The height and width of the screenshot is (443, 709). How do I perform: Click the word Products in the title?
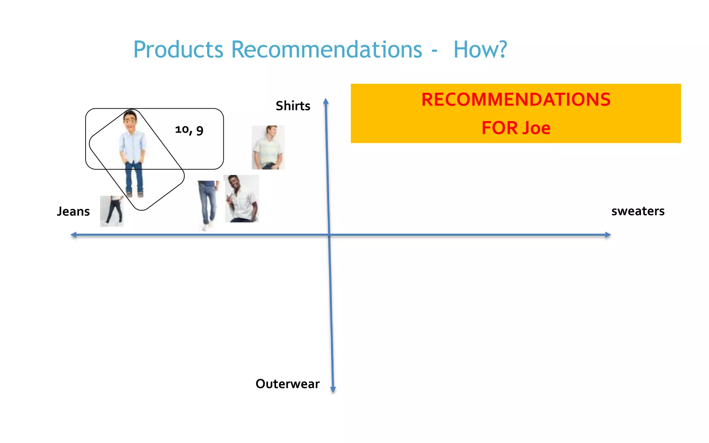[x=178, y=49]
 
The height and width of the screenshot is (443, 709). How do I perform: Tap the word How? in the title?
[x=480, y=49]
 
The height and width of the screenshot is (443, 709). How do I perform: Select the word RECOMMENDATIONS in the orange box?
[x=516, y=100]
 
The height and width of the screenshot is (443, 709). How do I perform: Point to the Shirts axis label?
[x=293, y=106]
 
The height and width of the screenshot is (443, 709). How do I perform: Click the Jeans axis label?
[x=73, y=211]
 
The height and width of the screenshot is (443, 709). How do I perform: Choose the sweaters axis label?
[x=638, y=211]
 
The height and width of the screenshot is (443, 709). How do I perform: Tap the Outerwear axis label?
[x=287, y=384]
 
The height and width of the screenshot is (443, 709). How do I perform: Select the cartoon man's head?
[x=130, y=120]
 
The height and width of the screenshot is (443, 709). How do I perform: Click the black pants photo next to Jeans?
[x=112, y=211]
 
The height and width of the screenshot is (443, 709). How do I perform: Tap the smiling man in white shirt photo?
[x=242, y=199]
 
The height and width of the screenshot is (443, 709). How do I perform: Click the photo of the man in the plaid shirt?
[x=268, y=147]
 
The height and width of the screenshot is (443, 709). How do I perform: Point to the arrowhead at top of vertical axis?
[x=326, y=101]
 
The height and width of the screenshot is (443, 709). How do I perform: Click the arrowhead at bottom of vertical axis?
[x=333, y=390]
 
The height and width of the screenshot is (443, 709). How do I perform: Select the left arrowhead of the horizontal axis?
[x=73, y=235]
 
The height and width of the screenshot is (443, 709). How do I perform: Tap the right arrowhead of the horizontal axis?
[x=608, y=235]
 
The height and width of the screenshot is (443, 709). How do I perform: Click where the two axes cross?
[x=329, y=235]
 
